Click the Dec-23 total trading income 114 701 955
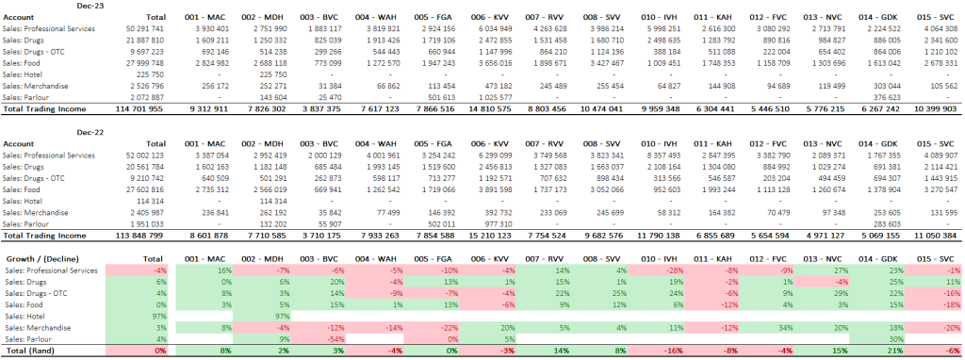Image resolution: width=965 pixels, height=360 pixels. click(134, 109)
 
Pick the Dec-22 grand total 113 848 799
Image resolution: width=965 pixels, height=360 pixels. click(134, 235)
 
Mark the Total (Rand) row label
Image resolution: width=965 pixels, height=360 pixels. click(31, 351)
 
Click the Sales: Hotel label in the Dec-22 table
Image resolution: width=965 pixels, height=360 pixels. click(29, 202)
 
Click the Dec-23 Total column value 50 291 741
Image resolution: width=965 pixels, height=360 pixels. click(134, 30)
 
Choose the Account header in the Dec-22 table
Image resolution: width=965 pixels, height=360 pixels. click(21, 143)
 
